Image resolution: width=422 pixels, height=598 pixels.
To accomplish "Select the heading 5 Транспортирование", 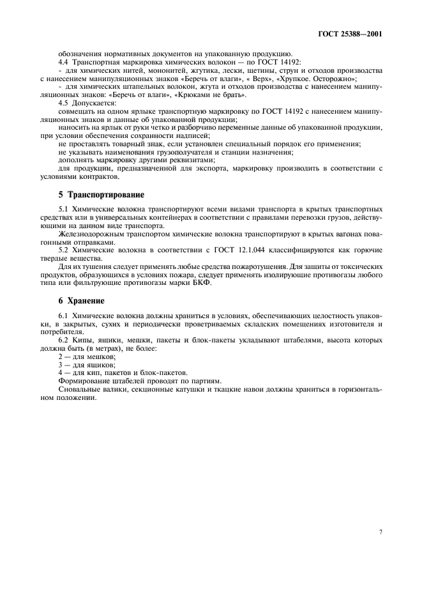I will [101, 194].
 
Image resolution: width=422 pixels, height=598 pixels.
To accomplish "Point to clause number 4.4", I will [63, 62].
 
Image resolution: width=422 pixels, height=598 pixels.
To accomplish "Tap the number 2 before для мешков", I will [60, 356].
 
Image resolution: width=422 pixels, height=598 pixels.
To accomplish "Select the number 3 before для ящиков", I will [60, 365].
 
